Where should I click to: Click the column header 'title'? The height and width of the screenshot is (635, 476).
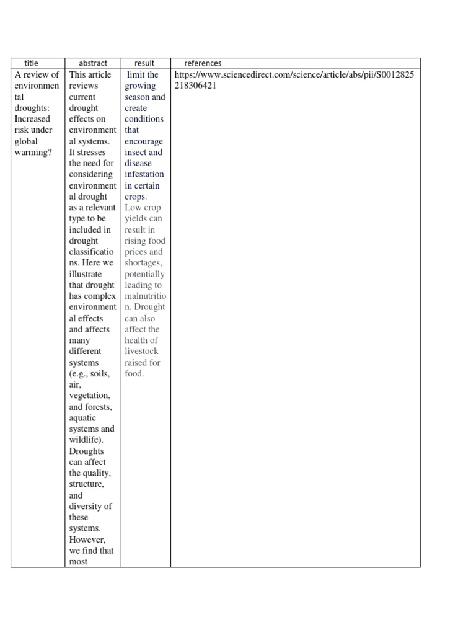(x=31, y=63)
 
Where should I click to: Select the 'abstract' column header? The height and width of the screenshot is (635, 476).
(x=93, y=63)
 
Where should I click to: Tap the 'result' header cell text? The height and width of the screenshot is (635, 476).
(x=144, y=63)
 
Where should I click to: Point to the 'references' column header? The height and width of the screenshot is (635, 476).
(x=203, y=63)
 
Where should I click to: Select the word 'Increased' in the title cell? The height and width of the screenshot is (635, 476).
(x=33, y=119)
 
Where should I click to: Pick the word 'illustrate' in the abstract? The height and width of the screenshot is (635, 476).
(x=86, y=274)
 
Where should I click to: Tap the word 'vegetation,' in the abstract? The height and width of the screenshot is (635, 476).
(x=90, y=396)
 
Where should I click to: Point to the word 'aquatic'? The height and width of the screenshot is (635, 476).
(x=82, y=418)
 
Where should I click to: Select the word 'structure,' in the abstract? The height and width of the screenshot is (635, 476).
(x=87, y=484)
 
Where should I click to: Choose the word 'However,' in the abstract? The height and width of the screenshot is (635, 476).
(x=87, y=540)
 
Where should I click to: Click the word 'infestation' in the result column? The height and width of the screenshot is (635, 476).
(x=144, y=174)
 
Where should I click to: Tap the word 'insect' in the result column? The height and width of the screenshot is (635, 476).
(x=136, y=152)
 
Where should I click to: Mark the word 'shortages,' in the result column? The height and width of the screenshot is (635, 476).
(x=144, y=263)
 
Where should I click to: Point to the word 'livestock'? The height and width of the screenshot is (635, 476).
(x=141, y=352)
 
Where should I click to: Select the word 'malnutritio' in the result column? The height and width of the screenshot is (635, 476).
(x=145, y=296)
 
